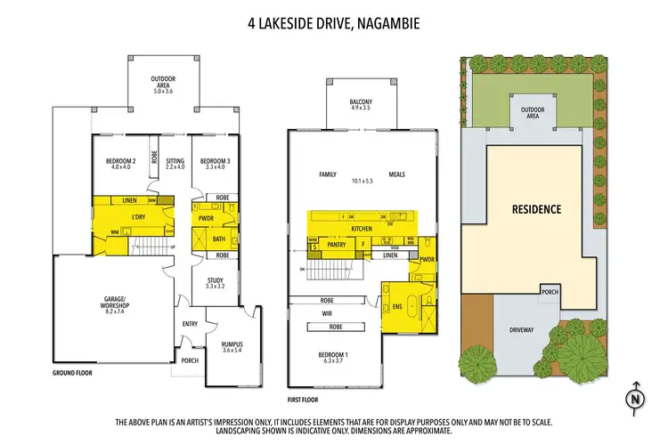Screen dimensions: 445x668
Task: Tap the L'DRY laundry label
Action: pyautogui.click(x=138, y=219)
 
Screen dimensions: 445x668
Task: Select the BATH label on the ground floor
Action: pyautogui.click(x=219, y=239)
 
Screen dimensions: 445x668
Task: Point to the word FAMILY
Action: pyautogui.click(x=327, y=174)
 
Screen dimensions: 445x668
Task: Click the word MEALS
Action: pyautogui.click(x=397, y=174)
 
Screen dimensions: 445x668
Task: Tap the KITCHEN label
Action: pyautogui.click(x=362, y=229)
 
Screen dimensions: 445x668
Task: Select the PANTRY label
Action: pyautogui.click(x=337, y=243)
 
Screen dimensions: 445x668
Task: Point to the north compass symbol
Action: pyautogui.click(x=634, y=399)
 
